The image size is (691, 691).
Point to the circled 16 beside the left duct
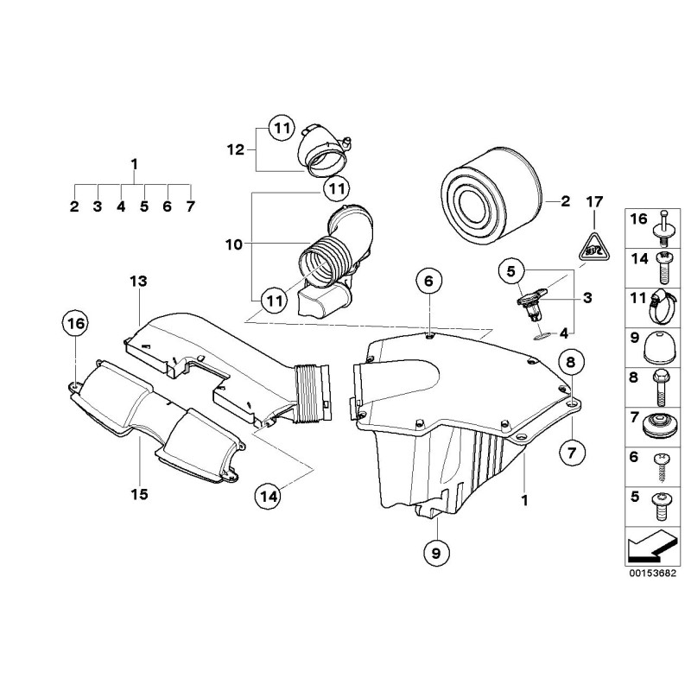pos(75,324)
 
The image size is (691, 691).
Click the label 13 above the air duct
pos(139,282)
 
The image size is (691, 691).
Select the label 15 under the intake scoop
pos(139,494)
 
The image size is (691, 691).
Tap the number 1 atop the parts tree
pos(134,163)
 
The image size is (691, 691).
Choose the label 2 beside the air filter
pos(565,202)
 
